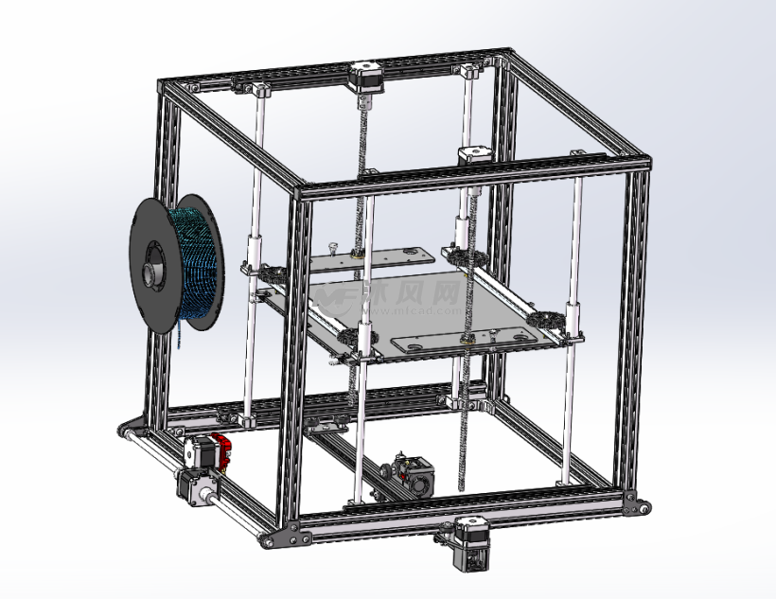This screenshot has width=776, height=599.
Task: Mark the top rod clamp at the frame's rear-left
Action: click(257, 91)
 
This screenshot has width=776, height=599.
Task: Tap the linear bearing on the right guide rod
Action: click(574, 317)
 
